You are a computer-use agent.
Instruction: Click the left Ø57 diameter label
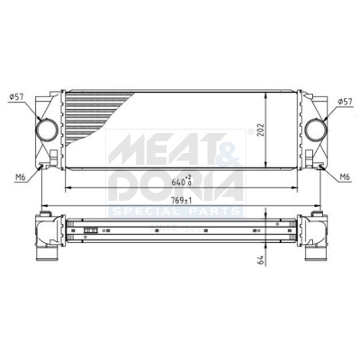tap(17, 96)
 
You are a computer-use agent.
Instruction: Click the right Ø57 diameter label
tap(345, 102)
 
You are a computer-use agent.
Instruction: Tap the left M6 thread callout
tap(20, 177)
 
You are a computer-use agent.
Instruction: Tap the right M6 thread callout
tap(345, 177)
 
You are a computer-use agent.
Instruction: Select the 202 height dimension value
tap(261, 130)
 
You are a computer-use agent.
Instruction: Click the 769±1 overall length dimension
tap(182, 201)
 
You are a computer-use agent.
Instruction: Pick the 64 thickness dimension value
tap(261, 260)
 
